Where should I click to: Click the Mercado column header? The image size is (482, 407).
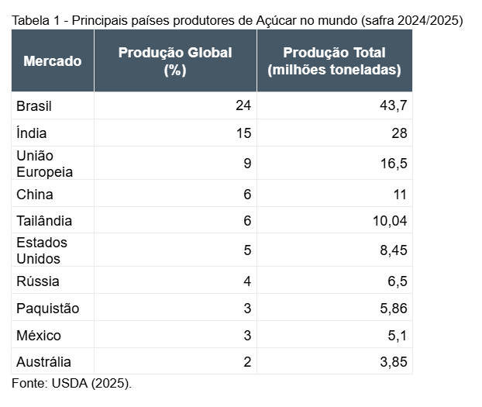point(52,61)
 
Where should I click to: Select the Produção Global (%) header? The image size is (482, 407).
point(175,61)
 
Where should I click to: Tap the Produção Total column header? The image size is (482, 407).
point(334,61)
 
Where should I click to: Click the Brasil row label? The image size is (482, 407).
point(34,105)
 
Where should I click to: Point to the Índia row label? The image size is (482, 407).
point(32,133)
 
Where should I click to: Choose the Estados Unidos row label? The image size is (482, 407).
point(42,250)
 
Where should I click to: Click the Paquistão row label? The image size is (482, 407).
point(48,309)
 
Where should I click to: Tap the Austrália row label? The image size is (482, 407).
point(44,362)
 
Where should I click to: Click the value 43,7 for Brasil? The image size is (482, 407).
point(392,105)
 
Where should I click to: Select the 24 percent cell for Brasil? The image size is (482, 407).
point(243,105)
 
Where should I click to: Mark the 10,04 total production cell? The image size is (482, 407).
point(389,221)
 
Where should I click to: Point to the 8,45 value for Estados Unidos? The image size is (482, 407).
point(392,250)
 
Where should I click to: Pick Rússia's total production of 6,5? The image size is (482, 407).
point(395,281)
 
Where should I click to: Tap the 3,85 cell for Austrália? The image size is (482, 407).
point(392,362)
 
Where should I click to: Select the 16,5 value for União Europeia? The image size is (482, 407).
point(392,164)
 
